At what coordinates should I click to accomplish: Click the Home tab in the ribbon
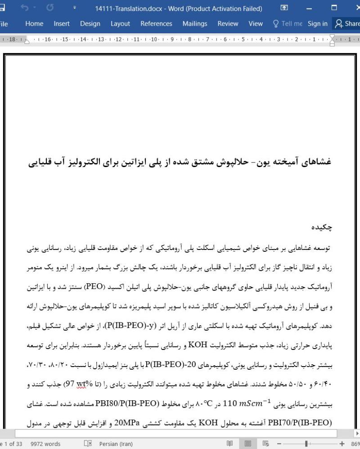pyautogui.click(x=34, y=24)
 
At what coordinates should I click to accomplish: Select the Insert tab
pyautogui.click(x=62, y=24)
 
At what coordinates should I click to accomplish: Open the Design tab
pyautogui.click(x=90, y=24)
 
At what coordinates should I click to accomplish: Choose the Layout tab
pyautogui.click(x=120, y=24)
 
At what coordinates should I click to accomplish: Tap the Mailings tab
pyautogui.click(x=195, y=24)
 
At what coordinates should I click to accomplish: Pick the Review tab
pyautogui.click(x=228, y=24)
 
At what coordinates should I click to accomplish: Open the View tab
pyautogui.click(x=256, y=24)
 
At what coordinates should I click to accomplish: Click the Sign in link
pyautogui.click(x=318, y=24)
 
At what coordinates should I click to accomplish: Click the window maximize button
pyautogui.click(x=334, y=8)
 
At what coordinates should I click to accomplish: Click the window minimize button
pyautogui.click(x=309, y=8)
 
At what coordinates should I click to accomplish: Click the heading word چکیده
pyautogui.click(x=322, y=227)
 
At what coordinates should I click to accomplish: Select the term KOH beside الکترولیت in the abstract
pyautogui.click(x=197, y=346)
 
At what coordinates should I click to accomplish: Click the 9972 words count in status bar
pyautogui.click(x=45, y=444)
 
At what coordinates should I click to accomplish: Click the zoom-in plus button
pyautogui.click(x=342, y=444)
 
